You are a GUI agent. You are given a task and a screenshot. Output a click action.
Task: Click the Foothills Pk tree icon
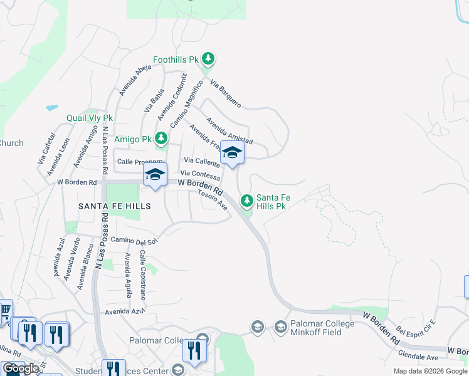(x=209, y=60)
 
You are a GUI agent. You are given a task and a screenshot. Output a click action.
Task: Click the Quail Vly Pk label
(x=90, y=118)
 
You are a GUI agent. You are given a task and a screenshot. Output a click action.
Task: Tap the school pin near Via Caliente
(x=232, y=153)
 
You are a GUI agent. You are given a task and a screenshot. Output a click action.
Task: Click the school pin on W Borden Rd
(x=155, y=175)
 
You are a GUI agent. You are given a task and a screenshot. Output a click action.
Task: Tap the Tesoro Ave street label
(x=212, y=199)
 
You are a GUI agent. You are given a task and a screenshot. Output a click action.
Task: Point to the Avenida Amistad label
(x=229, y=131)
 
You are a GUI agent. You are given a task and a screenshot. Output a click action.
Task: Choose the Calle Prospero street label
(x=140, y=162)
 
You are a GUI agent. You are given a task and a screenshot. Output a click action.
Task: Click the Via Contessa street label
(x=200, y=175)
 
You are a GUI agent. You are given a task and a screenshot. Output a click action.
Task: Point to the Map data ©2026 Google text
(x=429, y=371)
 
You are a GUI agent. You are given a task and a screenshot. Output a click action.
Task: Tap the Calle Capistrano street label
(x=143, y=274)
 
